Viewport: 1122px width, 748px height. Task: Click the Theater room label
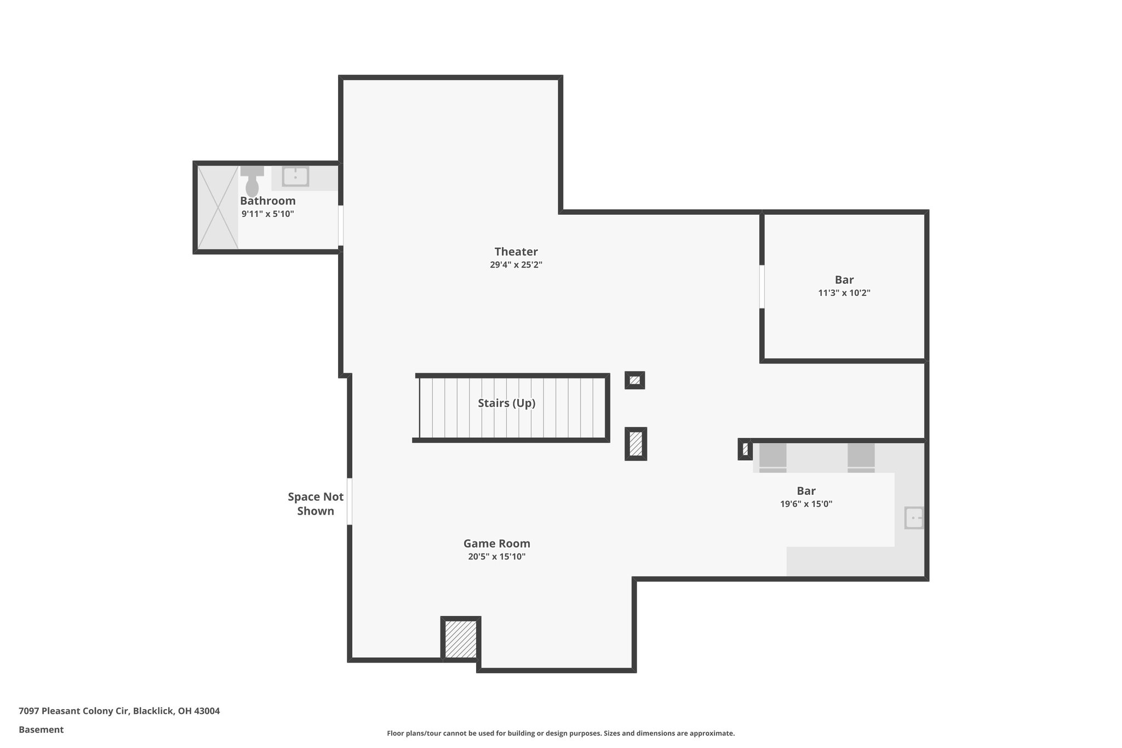516,252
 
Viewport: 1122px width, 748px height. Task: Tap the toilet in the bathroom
252,182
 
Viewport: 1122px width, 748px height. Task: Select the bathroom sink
295,176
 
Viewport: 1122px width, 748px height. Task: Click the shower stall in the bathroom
217,207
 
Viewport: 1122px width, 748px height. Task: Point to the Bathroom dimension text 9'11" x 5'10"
267,214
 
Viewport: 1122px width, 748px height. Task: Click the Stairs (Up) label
506,403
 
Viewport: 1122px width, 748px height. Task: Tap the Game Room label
496,544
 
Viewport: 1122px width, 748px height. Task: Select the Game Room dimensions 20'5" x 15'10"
496,557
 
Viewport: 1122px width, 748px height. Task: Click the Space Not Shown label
316,504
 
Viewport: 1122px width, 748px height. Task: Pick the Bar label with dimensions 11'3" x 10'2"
844,280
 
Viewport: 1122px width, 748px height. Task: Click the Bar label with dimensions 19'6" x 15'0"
806,491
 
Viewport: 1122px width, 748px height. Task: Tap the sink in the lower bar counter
914,518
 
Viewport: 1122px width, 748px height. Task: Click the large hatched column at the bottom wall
461,638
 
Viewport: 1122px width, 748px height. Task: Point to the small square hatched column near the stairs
634,380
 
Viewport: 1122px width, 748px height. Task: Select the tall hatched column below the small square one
636,444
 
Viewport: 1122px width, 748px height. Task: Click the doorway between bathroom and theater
341,225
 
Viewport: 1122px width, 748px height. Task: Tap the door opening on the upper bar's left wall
762,287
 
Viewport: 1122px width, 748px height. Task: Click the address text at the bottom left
119,711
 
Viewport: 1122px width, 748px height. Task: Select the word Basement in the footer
41,730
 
